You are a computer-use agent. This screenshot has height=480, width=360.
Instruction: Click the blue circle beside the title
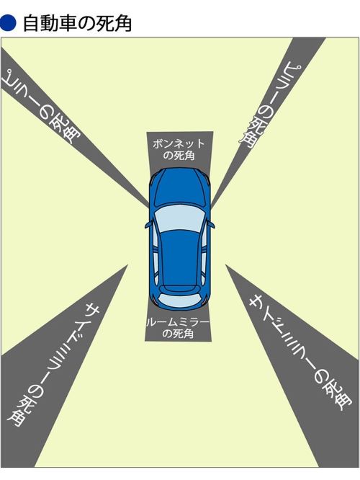[x=8, y=23]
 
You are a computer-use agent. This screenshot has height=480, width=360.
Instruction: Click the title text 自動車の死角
[x=77, y=24]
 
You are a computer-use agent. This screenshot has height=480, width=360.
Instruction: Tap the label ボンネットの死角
[x=179, y=149]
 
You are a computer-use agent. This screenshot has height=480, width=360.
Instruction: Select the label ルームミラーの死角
[x=178, y=328]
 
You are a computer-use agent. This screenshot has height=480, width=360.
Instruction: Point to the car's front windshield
[x=179, y=218]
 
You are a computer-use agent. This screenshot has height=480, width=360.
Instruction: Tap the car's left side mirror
[x=148, y=225]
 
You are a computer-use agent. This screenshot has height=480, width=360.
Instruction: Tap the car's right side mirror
[x=212, y=224]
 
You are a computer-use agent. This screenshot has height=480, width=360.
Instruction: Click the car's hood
[x=180, y=187]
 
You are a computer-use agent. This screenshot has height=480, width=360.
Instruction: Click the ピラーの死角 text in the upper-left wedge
[x=40, y=106]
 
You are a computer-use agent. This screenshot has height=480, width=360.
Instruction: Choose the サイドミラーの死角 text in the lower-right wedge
[x=300, y=352]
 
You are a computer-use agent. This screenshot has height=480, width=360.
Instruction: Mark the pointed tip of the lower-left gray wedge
[x=127, y=265]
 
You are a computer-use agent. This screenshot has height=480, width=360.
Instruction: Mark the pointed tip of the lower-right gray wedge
[x=226, y=265]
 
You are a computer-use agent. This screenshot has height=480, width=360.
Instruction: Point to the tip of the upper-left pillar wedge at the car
[x=149, y=205]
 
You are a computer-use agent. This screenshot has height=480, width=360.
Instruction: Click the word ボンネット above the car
[x=179, y=143]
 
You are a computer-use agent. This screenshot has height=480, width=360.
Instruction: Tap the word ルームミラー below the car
[x=178, y=322]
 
